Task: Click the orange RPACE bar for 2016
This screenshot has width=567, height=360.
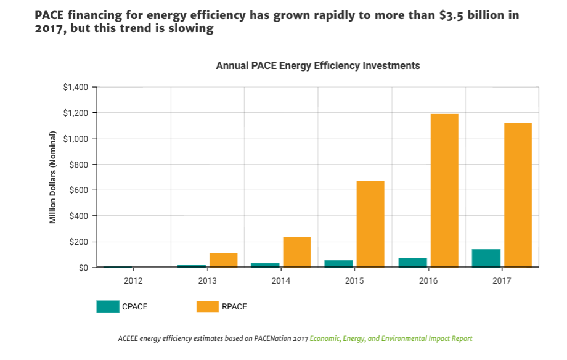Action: pyautogui.click(x=444, y=190)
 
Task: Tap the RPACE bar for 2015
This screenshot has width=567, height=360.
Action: pyautogui.click(x=370, y=224)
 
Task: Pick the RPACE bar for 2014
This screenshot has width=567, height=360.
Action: pyautogui.click(x=297, y=252)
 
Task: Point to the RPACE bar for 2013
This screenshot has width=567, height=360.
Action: pyautogui.click(x=223, y=260)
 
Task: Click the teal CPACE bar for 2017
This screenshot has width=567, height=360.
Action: pyautogui.click(x=486, y=258)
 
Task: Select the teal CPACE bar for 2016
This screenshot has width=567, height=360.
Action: pyautogui.click(x=413, y=263)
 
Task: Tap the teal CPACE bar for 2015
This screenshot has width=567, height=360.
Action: pyautogui.click(x=339, y=264)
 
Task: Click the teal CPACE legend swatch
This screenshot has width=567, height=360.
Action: pyautogui.click(x=107, y=306)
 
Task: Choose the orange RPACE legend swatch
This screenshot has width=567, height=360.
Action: pyautogui.click(x=207, y=306)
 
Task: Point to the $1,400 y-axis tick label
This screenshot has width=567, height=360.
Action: pyautogui.click(x=75, y=87)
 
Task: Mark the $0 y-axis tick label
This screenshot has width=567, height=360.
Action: pyautogui.click(x=83, y=268)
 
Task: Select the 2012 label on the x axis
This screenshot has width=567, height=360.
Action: pyautogui.click(x=133, y=281)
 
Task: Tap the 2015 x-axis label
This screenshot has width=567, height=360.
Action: pyautogui.click(x=354, y=281)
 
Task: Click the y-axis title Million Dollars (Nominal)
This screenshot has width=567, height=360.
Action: pyautogui.click(x=53, y=178)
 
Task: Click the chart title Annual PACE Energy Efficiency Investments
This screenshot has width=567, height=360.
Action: pyautogui.click(x=318, y=65)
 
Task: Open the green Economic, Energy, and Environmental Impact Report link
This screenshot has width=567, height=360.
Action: pyautogui.click(x=391, y=338)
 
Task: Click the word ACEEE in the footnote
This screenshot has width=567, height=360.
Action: pyautogui.click(x=128, y=338)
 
